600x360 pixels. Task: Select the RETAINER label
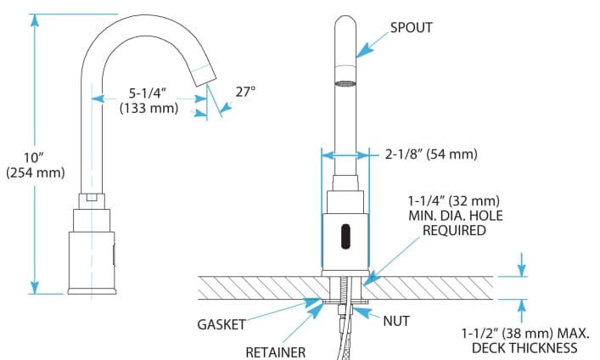(x=276, y=351)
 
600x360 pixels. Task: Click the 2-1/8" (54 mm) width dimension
(x=430, y=155)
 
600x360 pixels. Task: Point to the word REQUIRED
(x=454, y=231)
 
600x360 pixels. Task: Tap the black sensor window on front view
(x=345, y=236)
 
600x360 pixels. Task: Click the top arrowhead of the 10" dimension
(x=35, y=20)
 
